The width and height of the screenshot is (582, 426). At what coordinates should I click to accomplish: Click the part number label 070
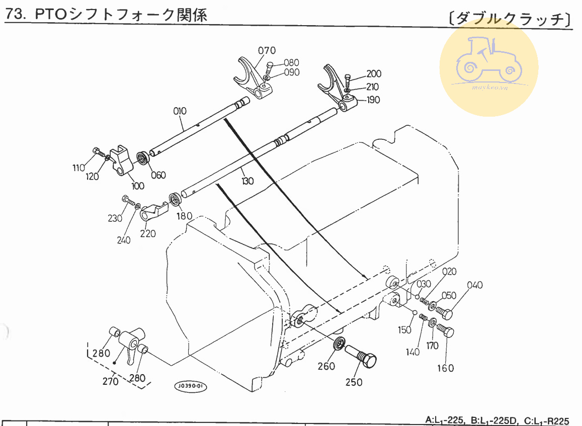[x=267, y=50]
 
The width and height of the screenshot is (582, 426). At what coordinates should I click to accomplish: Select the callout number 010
[x=180, y=111]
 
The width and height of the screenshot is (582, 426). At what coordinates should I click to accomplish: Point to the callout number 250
[x=354, y=382]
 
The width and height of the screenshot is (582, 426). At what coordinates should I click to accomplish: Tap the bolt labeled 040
[x=444, y=313]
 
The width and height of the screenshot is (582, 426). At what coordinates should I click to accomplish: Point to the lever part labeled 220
[x=153, y=212]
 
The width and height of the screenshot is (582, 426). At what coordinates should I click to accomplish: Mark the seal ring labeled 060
[x=143, y=157]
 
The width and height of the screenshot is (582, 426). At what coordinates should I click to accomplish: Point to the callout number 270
[x=110, y=381]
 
